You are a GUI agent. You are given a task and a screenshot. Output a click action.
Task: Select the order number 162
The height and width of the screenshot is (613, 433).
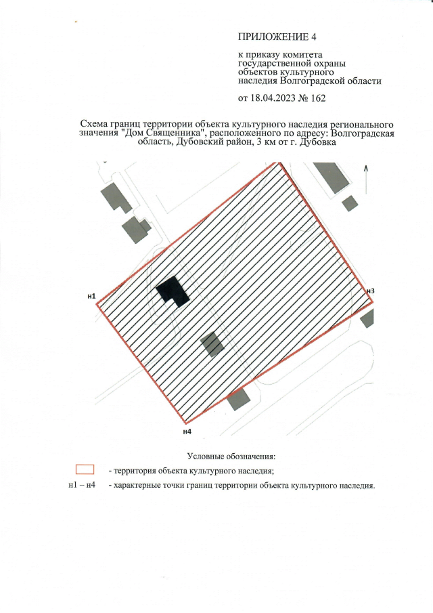point(317,98)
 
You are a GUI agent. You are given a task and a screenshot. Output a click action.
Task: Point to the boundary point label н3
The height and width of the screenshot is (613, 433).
point(369,291)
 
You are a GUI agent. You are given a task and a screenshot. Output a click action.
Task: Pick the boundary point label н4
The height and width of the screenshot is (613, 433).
point(187,431)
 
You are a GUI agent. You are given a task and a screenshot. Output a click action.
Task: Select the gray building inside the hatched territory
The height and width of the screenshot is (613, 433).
point(212,344)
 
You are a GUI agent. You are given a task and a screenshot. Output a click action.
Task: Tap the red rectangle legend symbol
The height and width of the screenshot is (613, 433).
point(85,469)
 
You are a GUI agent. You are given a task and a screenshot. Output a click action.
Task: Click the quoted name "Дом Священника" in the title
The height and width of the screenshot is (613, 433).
point(157,133)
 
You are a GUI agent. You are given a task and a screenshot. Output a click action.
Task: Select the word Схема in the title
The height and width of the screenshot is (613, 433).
point(96,125)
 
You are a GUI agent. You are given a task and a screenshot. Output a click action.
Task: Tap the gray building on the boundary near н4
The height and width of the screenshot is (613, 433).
point(237,400)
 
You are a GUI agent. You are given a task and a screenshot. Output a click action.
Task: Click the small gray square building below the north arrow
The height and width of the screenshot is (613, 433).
point(350,203)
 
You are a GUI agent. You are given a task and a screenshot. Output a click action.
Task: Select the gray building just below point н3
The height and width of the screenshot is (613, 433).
point(368,318)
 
